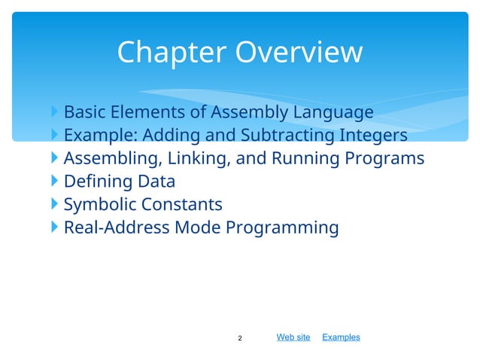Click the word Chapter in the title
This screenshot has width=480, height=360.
pos(172,53)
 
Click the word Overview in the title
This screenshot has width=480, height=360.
pos(299,53)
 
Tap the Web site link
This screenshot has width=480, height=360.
pos(293,337)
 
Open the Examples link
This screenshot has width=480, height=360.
pos(341,337)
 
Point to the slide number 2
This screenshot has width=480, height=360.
pos(240,338)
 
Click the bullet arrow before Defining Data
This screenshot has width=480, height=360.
pos(56,182)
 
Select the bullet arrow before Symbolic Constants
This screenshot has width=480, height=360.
pos(56,204)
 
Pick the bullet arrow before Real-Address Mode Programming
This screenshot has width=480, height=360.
pos(56,227)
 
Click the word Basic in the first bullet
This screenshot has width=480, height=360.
pos(84,113)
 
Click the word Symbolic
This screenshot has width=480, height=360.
pos(99,205)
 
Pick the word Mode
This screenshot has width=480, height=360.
pos(196,227)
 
